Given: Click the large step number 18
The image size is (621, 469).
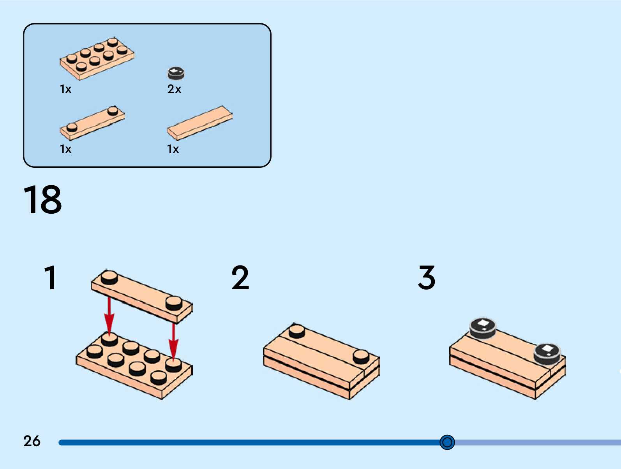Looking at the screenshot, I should [42, 200].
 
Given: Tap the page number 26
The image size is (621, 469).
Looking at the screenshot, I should [32, 441].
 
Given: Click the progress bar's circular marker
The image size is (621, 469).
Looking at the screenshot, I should [447, 442].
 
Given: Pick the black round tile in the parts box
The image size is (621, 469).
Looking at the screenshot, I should [176, 73].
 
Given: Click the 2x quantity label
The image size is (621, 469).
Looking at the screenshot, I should [174, 89].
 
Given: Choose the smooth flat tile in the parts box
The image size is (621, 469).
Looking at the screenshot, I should [200, 123].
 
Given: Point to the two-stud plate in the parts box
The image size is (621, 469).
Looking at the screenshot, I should [92, 123].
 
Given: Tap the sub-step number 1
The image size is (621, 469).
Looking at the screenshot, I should [50, 278].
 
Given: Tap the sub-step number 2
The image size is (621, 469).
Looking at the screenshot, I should [240, 278].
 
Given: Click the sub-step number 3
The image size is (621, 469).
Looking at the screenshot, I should [427, 278].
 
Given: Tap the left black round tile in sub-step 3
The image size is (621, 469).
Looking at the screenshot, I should [483, 327].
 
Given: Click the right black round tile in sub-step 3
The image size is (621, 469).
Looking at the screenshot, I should [547, 352].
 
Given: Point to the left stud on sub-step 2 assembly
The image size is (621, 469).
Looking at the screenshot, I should [297, 331].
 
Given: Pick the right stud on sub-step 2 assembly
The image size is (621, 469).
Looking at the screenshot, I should [361, 356].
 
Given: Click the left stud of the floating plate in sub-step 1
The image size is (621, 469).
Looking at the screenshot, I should [109, 278].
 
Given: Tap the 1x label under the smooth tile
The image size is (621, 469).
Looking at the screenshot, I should [173, 149].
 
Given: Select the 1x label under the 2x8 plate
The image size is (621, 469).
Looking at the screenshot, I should [65, 89].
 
